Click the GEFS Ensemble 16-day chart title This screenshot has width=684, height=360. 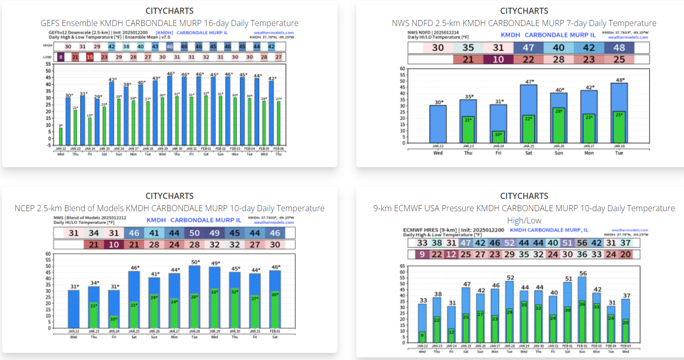pos(169,23)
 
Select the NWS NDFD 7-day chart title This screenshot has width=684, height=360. pos(524,23)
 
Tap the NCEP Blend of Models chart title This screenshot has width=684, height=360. pos(169,208)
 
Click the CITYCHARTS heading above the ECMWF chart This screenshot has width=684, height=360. pos(524,196)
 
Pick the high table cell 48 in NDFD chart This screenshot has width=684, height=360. pos(619,48)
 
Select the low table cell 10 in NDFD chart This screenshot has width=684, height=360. pos(498,59)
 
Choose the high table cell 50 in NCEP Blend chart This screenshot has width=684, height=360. pos(195,233)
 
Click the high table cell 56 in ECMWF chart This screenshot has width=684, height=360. pos(582,243)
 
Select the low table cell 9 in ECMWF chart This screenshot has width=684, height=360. pos(422,254)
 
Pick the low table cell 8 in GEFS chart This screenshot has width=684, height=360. pos(61,57)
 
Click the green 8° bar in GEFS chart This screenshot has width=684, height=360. pos(61,137)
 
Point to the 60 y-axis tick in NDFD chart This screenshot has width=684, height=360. pos(402,69)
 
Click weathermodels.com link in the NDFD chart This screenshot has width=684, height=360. pos(628,37)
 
